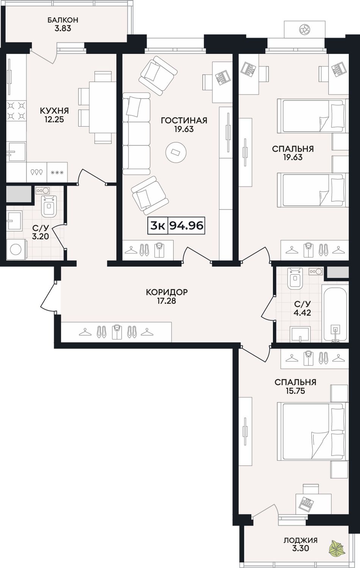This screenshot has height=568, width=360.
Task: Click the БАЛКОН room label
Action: pos(63,20)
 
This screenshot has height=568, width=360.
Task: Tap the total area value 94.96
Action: pos(186,225)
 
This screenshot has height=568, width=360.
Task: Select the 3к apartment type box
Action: pos(158,226)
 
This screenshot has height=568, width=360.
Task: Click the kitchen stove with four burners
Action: pos(16,111)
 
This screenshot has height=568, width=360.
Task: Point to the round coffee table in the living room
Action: pos(176,152)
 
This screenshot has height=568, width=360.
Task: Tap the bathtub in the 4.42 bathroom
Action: pos(335,313)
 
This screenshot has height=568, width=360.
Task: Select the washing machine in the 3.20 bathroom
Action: pos(16,249)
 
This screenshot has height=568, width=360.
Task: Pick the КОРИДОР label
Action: pos(167,292)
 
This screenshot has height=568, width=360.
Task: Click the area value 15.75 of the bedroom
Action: pos(295,391)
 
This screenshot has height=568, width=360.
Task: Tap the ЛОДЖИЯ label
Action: pos(301,540)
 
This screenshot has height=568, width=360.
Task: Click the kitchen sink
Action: pos(16,152)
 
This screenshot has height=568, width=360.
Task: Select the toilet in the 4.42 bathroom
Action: pos(295,278)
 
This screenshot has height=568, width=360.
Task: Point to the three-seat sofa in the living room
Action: pos(136,133)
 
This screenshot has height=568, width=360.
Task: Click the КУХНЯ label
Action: pos(55,111)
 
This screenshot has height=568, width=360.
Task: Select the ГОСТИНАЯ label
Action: pos(184,120)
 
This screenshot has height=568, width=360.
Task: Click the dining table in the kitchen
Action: pos(102,107)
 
